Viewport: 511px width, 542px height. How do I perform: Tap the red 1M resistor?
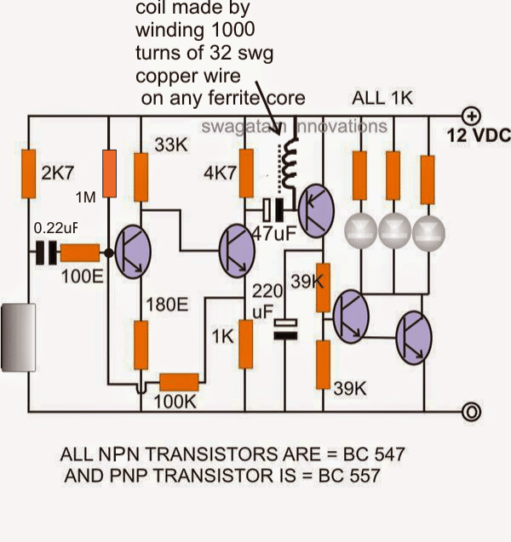pyautogui.click(x=110, y=174)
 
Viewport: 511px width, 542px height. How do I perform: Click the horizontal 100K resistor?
pyautogui.click(x=180, y=384)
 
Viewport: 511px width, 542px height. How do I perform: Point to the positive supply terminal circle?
pyautogui.click(x=469, y=114)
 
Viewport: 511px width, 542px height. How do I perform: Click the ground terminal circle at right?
pyautogui.click(x=469, y=413)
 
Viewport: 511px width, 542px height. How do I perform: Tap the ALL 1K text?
pyautogui.click(x=382, y=99)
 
